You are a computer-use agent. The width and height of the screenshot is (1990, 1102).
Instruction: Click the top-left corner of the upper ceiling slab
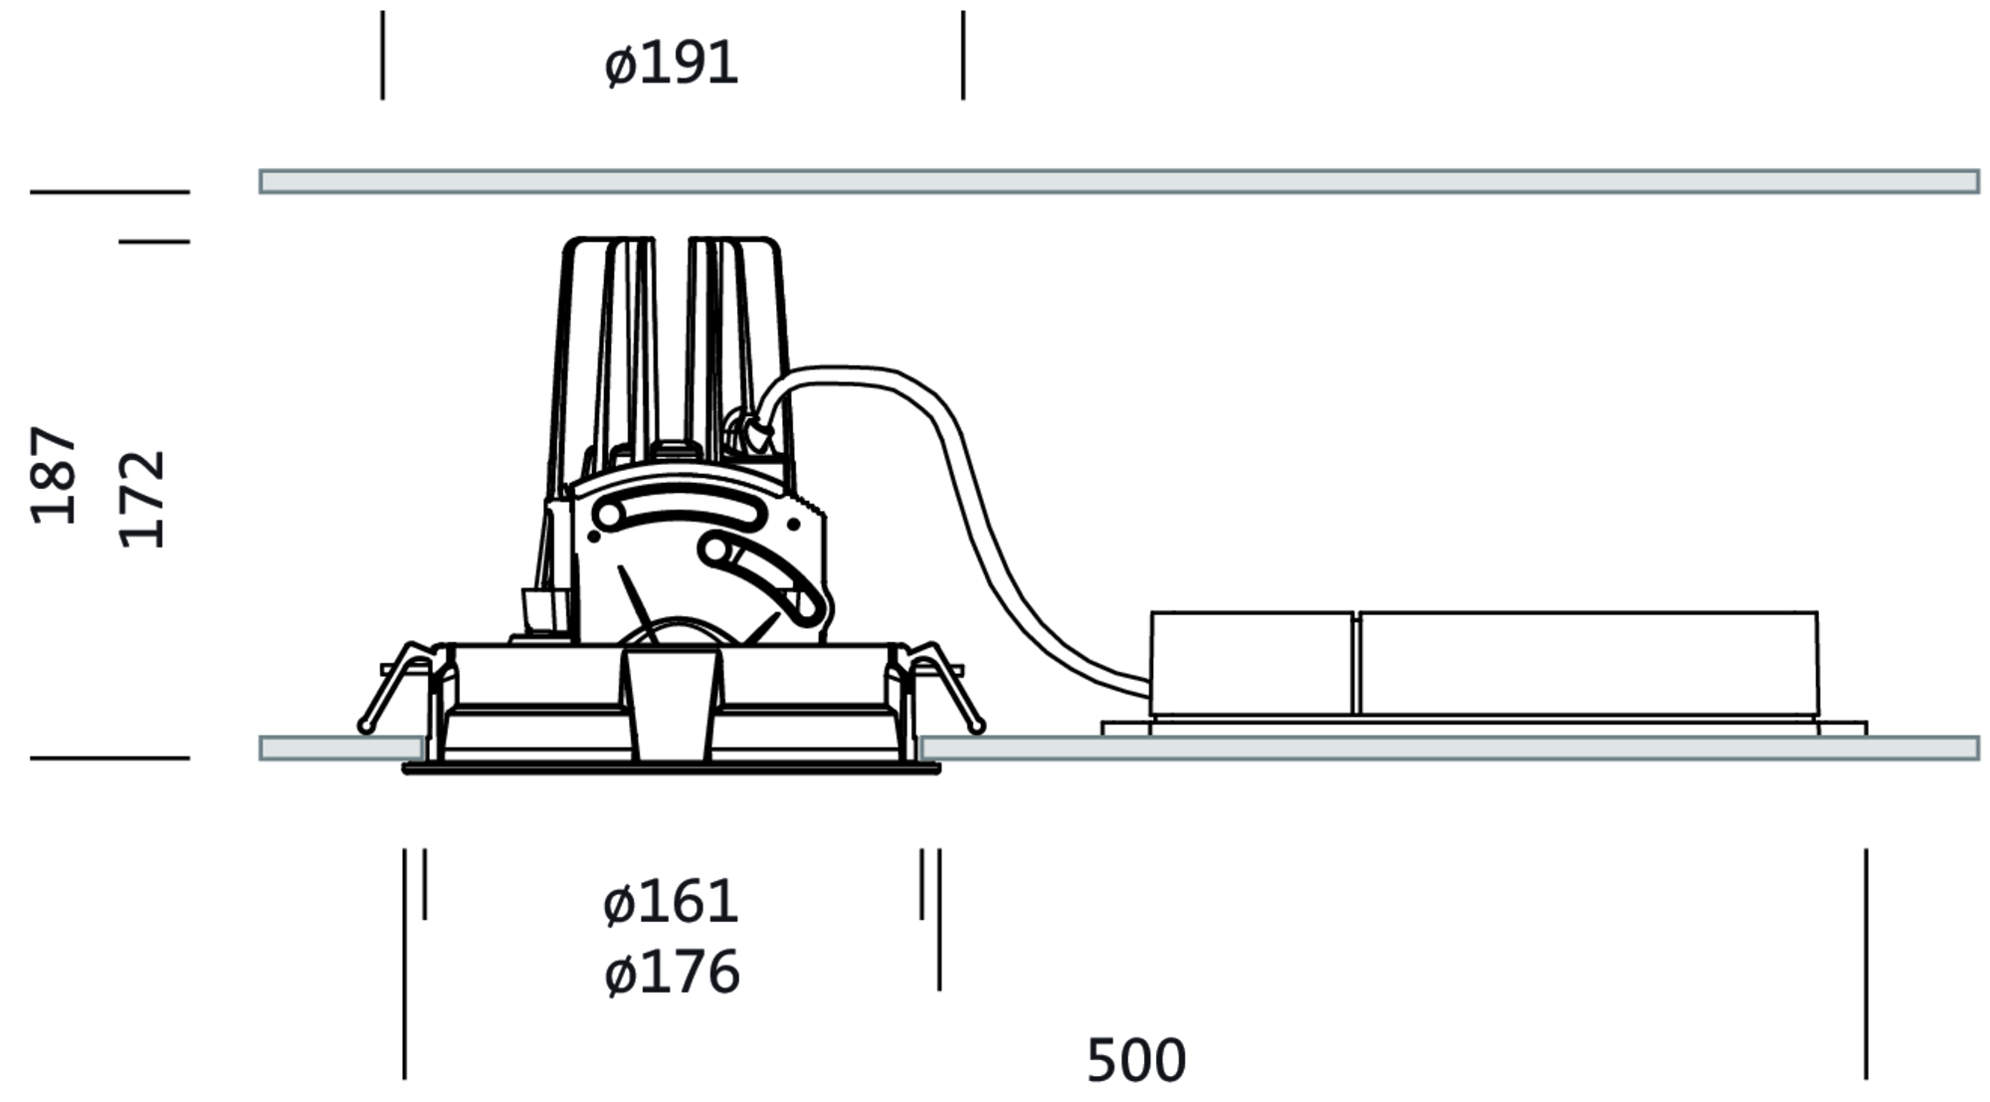(x=261, y=170)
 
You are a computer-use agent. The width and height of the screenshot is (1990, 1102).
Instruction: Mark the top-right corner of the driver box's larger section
(x=1817, y=612)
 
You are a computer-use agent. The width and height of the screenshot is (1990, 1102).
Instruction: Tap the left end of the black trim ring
(x=403, y=769)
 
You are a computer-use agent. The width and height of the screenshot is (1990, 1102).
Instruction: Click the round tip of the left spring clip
(x=366, y=727)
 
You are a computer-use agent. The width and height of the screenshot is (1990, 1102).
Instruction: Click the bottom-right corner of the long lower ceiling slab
(x=1979, y=760)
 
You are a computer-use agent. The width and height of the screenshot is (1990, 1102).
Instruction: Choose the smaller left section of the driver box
(x=1252, y=663)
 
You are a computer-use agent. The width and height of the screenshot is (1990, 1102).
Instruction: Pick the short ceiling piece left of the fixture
(x=342, y=748)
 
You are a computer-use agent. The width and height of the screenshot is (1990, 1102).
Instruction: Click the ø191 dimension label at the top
(x=672, y=65)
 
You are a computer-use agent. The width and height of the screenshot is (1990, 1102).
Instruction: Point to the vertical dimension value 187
(x=54, y=475)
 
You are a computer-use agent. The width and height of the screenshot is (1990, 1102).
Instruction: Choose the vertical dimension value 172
(x=141, y=499)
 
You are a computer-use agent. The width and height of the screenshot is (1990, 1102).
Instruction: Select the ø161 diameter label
(x=672, y=903)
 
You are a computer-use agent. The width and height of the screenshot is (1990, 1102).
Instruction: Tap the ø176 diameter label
(x=672, y=973)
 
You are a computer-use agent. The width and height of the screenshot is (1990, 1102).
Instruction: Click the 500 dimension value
(x=1136, y=1061)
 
